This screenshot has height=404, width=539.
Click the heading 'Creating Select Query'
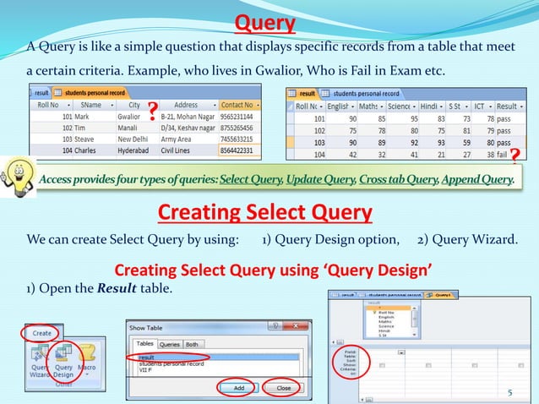coord(265,211)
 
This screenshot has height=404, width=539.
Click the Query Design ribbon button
coord(63,362)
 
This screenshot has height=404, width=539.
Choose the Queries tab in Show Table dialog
coord(170,344)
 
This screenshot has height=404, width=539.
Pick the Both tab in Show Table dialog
coord(193,344)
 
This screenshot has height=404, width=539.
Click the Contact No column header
coord(238,105)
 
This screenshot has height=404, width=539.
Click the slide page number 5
coord(509,392)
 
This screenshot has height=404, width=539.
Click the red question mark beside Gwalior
coord(152,111)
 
